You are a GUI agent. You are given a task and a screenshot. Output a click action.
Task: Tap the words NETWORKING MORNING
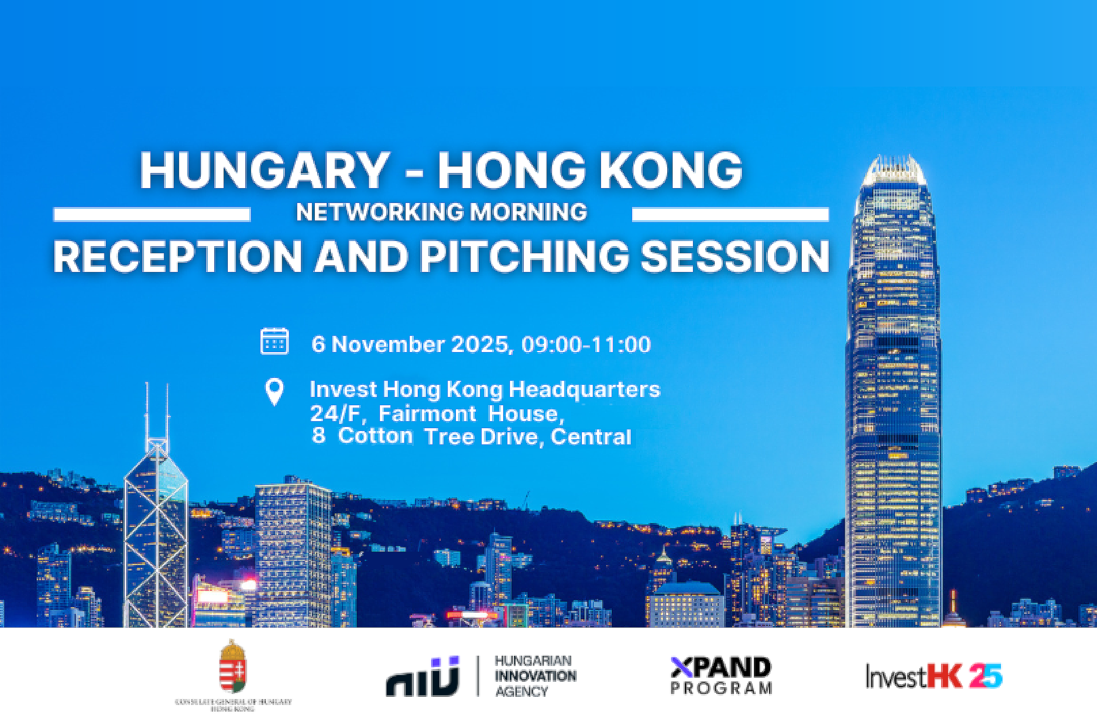tap(441, 212)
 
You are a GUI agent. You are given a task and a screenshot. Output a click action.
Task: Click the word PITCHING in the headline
tap(525, 257)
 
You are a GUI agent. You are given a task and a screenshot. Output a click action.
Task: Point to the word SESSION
tap(735, 257)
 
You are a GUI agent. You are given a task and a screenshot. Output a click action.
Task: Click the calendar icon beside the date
tap(275, 342)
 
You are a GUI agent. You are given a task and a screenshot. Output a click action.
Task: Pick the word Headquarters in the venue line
tap(585, 389)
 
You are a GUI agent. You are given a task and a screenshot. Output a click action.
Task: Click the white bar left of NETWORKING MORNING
tap(152, 214)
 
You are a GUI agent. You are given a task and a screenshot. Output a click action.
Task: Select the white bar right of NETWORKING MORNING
tap(730, 214)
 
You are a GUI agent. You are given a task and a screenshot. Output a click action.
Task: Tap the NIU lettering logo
tap(423, 677)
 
